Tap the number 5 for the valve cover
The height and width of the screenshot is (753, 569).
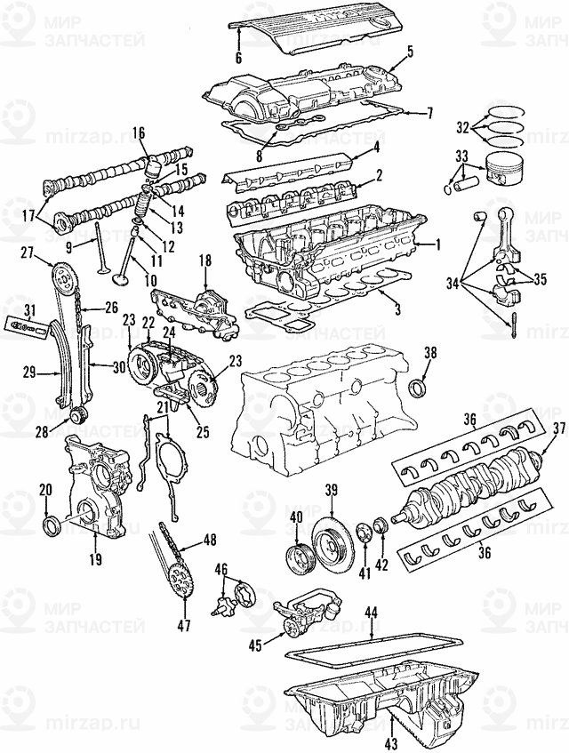coord(411,51)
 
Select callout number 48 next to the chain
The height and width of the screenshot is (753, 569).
coord(210,540)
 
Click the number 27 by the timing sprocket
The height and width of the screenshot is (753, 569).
coord(28,252)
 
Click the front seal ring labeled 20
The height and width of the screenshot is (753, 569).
coord(52,526)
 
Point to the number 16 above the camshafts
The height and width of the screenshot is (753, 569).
coord(138,133)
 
